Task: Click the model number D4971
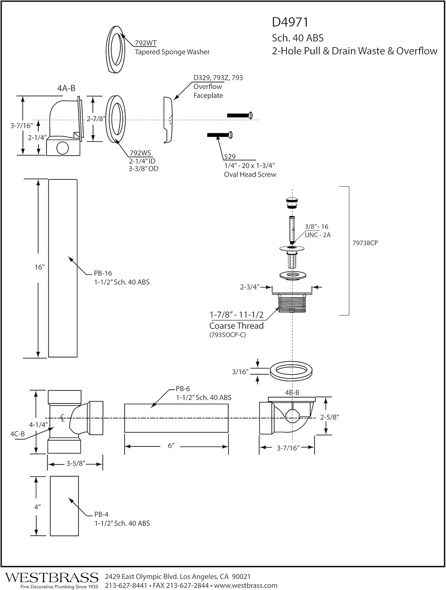point(290,22)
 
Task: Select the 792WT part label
point(146,43)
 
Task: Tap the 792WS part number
point(140,153)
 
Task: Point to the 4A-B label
point(66,88)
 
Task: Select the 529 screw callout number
point(230,157)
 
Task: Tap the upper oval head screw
point(240,115)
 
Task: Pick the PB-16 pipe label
point(103,273)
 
